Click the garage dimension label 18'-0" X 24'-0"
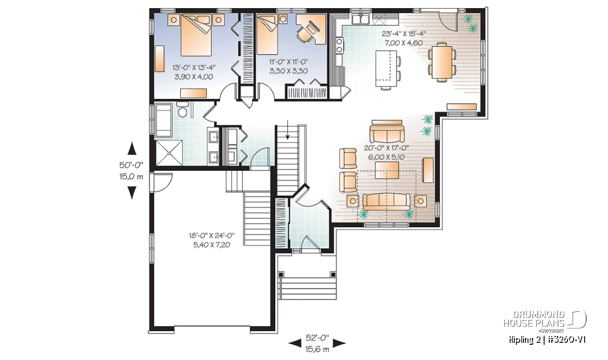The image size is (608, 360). coord(212,235)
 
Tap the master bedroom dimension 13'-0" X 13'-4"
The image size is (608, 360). coord(194,67)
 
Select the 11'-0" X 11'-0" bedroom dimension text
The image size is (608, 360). coord(289,62)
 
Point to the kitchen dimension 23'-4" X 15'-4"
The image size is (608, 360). coord(404,33)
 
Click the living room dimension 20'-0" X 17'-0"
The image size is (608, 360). coord(387,148)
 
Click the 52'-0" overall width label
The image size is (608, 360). coord(317,338)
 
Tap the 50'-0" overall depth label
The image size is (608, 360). coord(131,165)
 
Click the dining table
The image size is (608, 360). coord(442,62)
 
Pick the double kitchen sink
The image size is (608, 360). coord(360,19)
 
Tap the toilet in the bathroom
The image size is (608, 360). coord(182,109)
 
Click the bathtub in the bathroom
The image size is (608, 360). coord(163,120)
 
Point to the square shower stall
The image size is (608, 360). coord(169,153)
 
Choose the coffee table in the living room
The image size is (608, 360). coord(387,170)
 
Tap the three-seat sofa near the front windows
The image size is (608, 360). coord(387,202)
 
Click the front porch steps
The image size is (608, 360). coord(308,289)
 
